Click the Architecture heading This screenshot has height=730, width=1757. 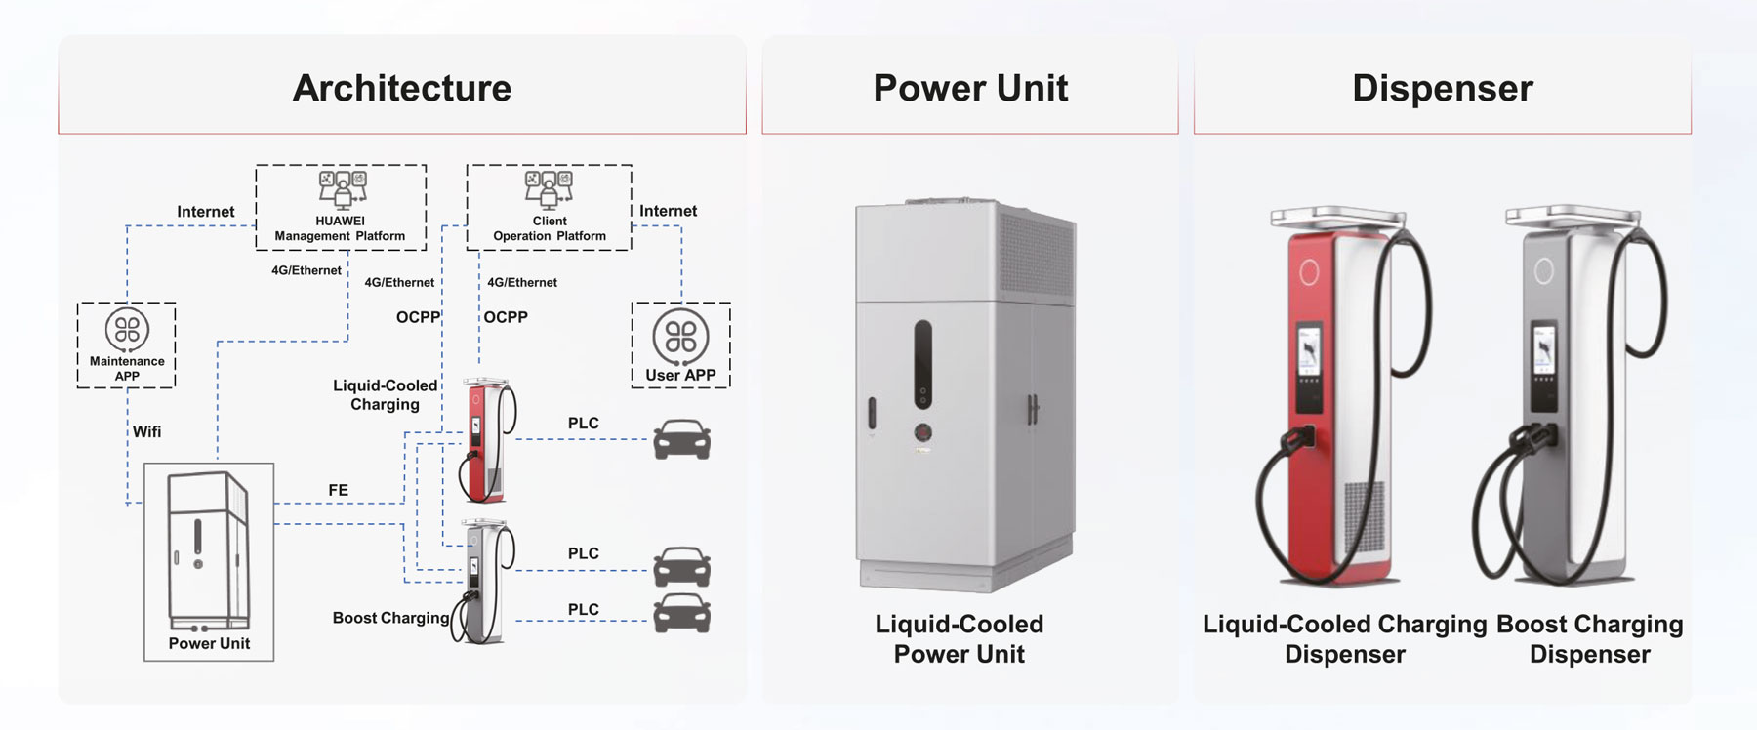pos(402,88)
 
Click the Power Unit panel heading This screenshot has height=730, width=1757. pos(970,88)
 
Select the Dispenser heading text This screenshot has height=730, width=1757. pos(1442,88)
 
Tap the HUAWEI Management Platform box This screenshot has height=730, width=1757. pos(341,207)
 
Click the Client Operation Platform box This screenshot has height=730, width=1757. pos(550,207)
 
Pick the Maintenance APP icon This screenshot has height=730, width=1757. pos(127,331)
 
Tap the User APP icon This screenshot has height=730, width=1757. pos(680,337)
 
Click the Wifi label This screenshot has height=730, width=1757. pos(146,431)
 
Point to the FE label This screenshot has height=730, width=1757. pos(338,490)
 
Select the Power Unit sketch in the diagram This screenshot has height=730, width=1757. pos(208,551)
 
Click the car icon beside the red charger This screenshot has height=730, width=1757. pos(681,439)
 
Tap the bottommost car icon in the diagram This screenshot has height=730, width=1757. pos(681,614)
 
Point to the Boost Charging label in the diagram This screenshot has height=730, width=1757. pos(390,618)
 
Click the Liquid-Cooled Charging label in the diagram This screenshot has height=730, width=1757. pos(385,395)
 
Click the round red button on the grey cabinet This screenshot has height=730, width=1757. pos(922,432)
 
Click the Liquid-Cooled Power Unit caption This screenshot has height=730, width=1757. pos(959,639)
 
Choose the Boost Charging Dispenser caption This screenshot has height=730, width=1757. pos(1589,639)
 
